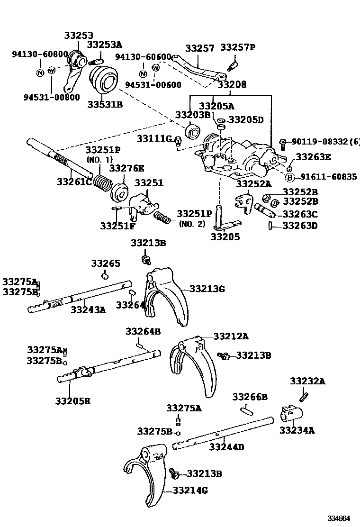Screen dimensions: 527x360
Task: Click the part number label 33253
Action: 79,36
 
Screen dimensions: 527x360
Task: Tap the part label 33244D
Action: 227,447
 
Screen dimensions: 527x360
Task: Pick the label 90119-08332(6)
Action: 325,142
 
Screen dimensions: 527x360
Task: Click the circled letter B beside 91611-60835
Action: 290,177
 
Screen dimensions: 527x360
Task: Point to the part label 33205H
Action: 72,401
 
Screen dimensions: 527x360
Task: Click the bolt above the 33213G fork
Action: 146,259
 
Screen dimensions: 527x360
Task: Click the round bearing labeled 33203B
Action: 193,131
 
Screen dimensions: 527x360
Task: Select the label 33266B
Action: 250,396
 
